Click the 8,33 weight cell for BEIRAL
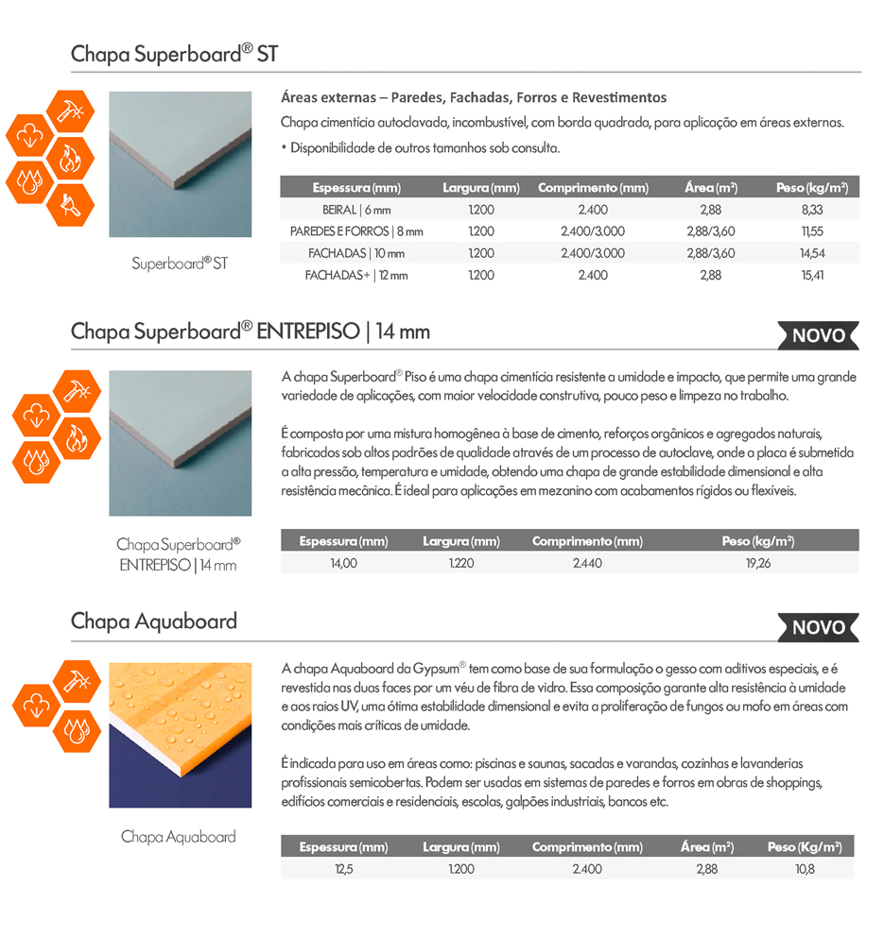(x=811, y=210)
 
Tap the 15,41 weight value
(x=811, y=275)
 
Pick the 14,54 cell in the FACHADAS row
(x=811, y=253)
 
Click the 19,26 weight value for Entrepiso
(x=758, y=564)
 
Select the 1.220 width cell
(x=461, y=564)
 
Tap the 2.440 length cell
(x=587, y=564)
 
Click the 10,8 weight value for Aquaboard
(x=805, y=869)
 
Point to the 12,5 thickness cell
(x=343, y=869)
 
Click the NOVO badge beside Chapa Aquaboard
(x=819, y=627)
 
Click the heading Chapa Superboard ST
(x=174, y=53)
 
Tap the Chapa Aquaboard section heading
(x=154, y=622)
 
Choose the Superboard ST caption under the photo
(x=180, y=264)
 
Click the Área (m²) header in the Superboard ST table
(x=711, y=187)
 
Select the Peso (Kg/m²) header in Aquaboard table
(x=805, y=847)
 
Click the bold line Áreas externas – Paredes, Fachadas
(x=474, y=97)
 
